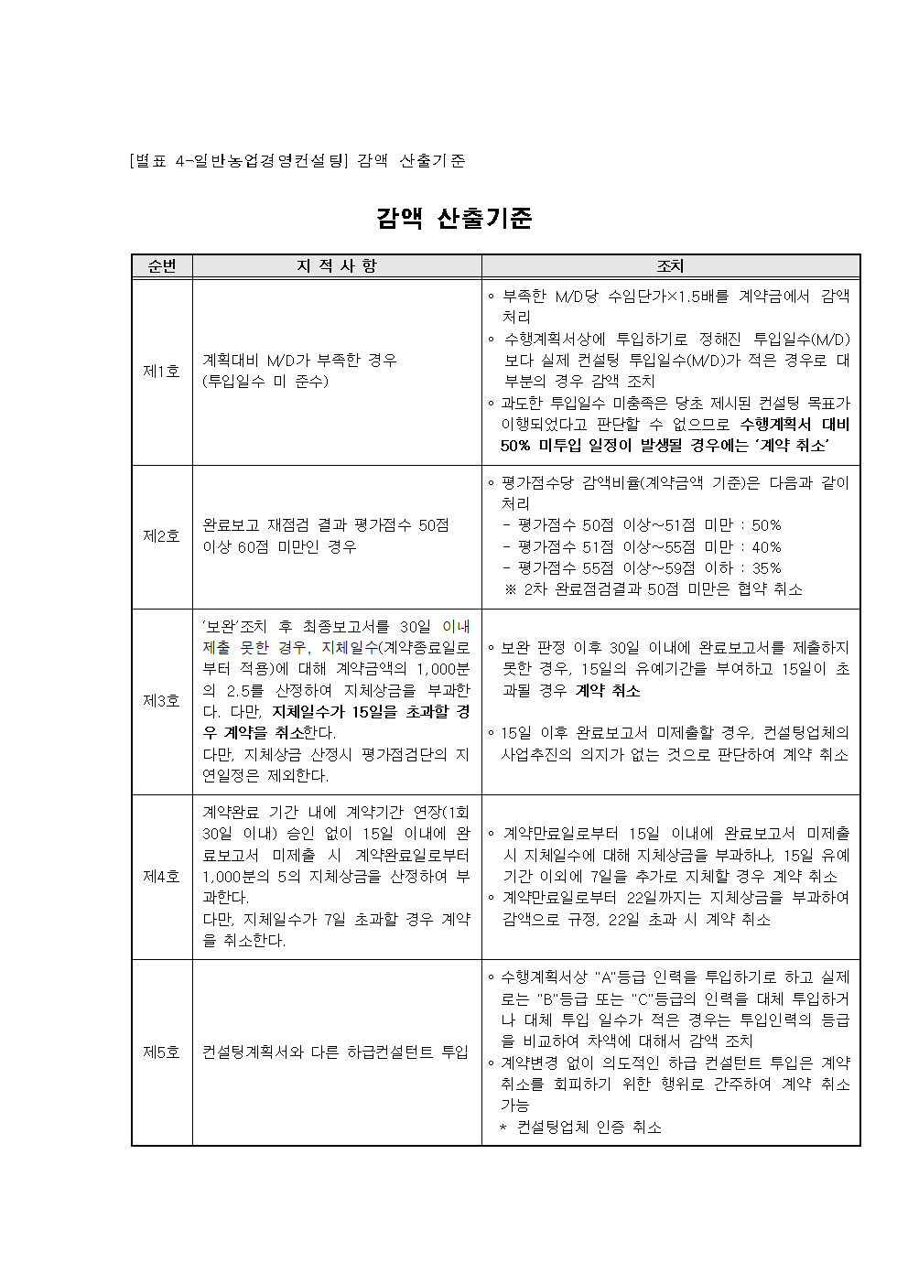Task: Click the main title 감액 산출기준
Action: tap(454, 218)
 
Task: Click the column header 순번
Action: tap(161, 266)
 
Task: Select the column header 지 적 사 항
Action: tap(336, 266)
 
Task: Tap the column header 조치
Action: tap(670, 266)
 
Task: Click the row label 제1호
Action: tap(161, 371)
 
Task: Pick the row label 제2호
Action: tap(161, 536)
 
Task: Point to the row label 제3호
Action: tap(161, 701)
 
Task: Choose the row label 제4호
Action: tap(161, 876)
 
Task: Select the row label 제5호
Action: tap(161, 1052)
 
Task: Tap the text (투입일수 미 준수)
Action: tap(265, 382)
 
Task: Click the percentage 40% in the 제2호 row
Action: tap(765, 546)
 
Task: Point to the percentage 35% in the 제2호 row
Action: tap(765, 567)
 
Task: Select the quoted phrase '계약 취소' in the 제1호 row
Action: tap(793, 446)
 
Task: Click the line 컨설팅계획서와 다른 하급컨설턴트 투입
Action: tap(335, 1052)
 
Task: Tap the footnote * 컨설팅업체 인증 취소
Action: tap(580, 1128)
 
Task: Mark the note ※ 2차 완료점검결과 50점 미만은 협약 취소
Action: tap(654, 589)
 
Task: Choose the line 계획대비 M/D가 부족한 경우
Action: tap(300, 360)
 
